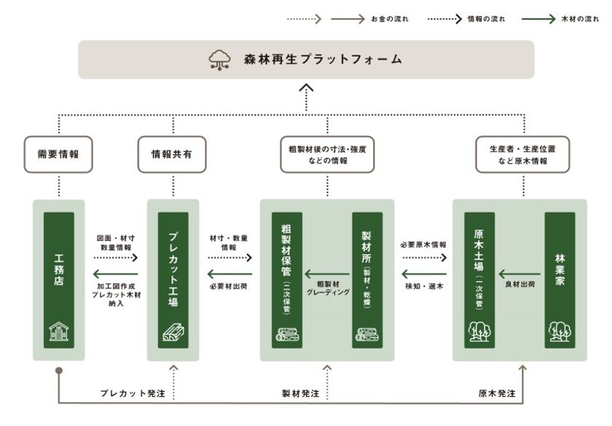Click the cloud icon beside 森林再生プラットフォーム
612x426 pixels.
tap(219, 60)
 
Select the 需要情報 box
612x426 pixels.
tap(58, 154)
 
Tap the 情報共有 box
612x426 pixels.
tap(172, 154)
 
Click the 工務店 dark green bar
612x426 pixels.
tap(58, 280)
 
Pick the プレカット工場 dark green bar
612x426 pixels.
tap(173, 280)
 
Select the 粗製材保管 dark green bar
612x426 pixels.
tap(287, 280)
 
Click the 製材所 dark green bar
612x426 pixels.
tap(367, 280)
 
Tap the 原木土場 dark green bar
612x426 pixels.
tap(479, 280)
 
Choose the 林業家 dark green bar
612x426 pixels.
tap(560, 280)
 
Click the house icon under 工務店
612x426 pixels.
tap(58, 331)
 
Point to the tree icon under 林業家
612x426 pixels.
tap(560, 331)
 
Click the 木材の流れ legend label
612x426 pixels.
tap(580, 19)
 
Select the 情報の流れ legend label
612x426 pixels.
tap(487, 19)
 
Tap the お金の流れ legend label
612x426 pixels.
tap(390, 19)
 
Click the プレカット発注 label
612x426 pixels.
tap(133, 393)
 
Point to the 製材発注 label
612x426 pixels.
tap(300, 393)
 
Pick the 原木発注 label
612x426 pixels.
tap(497, 393)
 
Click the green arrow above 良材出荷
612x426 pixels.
tap(519, 274)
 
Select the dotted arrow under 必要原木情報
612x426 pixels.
tap(425, 258)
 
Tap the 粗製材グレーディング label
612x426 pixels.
tap(328, 288)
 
